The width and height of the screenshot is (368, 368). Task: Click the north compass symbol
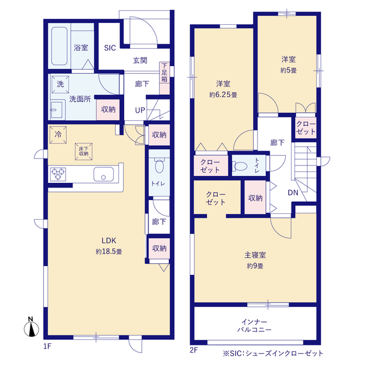click(x=32, y=327)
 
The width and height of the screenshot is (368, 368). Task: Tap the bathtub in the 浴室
click(x=59, y=46)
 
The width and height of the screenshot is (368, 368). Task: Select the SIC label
click(x=110, y=48)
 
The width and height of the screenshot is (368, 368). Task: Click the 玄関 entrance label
click(x=140, y=60)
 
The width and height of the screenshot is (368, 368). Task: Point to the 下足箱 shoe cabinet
click(x=164, y=78)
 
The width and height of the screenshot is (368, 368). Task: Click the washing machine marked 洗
click(x=60, y=85)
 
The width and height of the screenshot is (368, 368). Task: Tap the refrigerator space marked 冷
click(x=58, y=135)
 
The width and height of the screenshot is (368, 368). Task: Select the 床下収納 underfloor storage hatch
click(x=83, y=151)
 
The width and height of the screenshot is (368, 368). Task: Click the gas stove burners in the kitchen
click(x=58, y=174)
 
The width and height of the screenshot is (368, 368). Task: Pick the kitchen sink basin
click(x=103, y=174)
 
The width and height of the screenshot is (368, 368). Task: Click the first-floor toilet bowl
click(x=159, y=166)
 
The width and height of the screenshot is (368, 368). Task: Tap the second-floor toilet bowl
click(x=240, y=166)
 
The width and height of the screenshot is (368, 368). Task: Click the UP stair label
click(x=140, y=110)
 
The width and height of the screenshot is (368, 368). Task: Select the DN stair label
click(x=293, y=193)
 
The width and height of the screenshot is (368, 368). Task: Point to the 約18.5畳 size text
click(x=109, y=252)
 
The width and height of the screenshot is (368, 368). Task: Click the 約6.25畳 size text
click(x=223, y=95)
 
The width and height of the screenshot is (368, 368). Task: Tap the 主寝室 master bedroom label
click(x=255, y=255)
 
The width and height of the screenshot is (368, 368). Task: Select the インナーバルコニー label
click(x=254, y=325)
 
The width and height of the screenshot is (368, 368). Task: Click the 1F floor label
click(x=47, y=346)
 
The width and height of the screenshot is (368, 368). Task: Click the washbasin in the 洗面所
click(x=56, y=110)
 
